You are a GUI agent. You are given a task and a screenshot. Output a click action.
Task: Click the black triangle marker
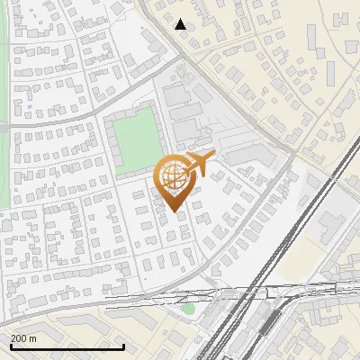pyautogui.click(x=181, y=24)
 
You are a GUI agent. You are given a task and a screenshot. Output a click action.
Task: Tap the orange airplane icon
pyautogui.click(x=200, y=163)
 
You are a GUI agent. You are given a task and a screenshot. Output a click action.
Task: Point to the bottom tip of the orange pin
pyautogui.click(x=173, y=211)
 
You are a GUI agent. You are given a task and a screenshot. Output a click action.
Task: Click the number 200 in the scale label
pyautogui.click(x=20, y=338)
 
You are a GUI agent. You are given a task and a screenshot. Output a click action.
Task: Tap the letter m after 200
pyautogui.click(x=33, y=338)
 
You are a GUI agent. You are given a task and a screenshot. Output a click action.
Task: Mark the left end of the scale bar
pyautogui.click(x=10, y=346)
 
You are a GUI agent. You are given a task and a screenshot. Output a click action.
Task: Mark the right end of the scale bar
pyautogui.click(x=123, y=346)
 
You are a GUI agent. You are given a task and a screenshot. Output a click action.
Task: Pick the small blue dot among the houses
pyautogui.click(x=30, y=108)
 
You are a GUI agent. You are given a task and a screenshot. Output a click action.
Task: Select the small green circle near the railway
pyautogui.click(x=188, y=309)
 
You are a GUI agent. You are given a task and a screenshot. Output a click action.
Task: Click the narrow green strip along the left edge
pyautogui.click(x=4, y=72)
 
